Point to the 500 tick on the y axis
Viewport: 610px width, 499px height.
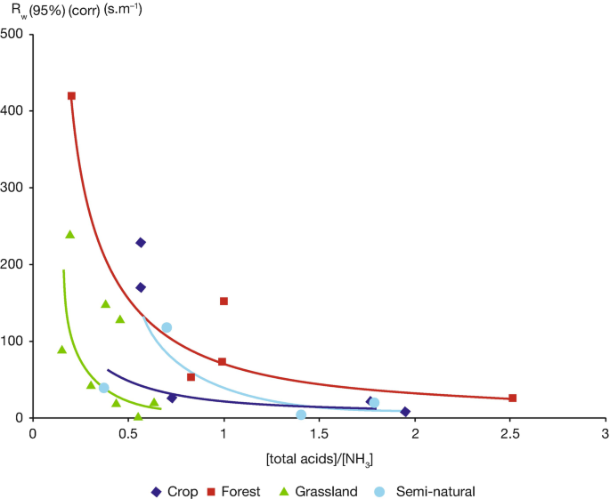coord(17,34)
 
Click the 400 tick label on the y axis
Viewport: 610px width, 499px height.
coord(17,111)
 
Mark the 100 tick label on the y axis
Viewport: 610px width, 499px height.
coord(17,342)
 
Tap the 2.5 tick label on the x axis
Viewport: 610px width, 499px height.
coord(509,435)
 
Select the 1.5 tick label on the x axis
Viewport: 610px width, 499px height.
coord(319,435)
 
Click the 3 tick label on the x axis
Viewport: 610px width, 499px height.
coord(605,435)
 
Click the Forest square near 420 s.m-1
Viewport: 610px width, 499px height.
coord(71,96)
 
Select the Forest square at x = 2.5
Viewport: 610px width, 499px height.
coord(512,398)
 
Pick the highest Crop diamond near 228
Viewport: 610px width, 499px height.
coord(141,243)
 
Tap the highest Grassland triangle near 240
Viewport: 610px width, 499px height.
coord(70,234)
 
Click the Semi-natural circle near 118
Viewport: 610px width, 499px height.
coord(167,327)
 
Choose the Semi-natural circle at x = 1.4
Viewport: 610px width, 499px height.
coord(301,414)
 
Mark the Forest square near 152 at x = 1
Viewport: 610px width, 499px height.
coord(224,302)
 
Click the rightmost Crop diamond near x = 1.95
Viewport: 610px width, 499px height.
coord(405,412)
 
